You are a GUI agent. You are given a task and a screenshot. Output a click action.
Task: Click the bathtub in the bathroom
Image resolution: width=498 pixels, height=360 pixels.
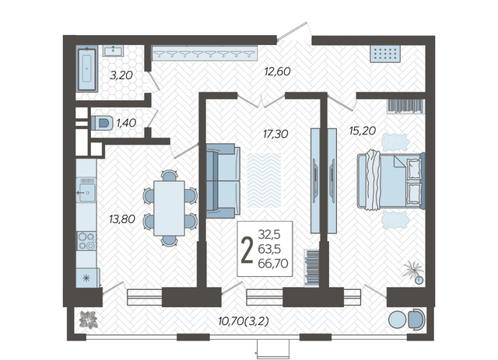coord(86,68)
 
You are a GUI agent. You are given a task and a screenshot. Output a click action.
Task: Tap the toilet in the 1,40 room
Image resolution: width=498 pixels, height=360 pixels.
coord(102,123)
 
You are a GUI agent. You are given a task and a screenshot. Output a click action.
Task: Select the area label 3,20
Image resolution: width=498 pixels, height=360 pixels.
coord(121,75)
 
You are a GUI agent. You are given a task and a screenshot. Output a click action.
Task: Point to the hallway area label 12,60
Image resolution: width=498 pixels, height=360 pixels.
coord(277,71)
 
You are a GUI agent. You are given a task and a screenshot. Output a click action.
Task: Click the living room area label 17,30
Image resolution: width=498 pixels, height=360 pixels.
coord(275,134)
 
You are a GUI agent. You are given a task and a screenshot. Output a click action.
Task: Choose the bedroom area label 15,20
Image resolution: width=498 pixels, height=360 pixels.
coord(363,130)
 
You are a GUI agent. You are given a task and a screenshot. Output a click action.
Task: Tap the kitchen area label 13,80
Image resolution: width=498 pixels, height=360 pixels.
coord(122,218)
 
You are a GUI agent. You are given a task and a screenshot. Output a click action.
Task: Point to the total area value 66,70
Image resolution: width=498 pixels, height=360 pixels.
coord(273,263)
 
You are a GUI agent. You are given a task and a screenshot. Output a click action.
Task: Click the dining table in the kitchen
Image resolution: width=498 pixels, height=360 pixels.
coord(170,208)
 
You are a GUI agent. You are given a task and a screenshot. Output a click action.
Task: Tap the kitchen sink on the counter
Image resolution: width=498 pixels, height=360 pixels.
coord(86,190)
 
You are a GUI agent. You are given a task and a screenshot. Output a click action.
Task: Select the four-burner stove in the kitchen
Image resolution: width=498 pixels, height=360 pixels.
coord(86,240)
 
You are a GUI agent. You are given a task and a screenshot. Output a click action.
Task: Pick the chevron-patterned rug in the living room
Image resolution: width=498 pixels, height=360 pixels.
coord(264,180)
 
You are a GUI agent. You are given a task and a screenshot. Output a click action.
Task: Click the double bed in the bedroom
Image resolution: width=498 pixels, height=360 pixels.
coord(391,181)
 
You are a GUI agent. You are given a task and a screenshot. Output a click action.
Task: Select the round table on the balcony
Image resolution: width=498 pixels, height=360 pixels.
coord(397,320)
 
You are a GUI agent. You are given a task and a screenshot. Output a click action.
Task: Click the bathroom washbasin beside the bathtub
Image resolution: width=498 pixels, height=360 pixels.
coord(113,51)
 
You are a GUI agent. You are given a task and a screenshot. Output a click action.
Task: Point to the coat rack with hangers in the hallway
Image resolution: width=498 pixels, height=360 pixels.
coord(205,53)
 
